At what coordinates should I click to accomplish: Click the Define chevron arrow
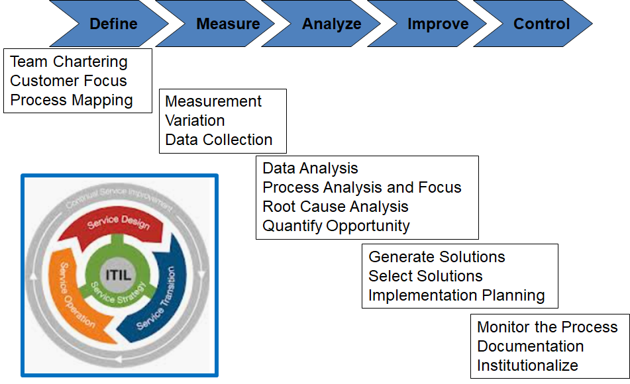pos(113,24)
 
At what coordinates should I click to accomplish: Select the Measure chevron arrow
pos(228,24)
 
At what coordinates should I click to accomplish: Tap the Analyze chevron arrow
pos(332,24)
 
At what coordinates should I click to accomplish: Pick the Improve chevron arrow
pos(438,24)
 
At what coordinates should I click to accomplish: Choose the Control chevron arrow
pos(541,24)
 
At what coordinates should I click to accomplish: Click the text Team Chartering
pos(69,62)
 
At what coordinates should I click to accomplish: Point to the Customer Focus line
pos(68,81)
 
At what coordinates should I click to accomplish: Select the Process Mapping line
pos(72,100)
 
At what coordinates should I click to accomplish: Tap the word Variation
pos(195,120)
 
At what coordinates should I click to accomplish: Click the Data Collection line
pos(219,140)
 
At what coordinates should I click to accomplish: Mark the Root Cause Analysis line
pos(335,207)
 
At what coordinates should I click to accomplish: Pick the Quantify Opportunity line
pos(336,226)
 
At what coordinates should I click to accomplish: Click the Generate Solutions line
pos(437,257)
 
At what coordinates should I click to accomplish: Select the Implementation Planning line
pos(456,295)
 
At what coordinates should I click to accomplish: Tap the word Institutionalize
pos(527,365)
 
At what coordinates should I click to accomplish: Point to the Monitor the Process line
pos(547,327)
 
